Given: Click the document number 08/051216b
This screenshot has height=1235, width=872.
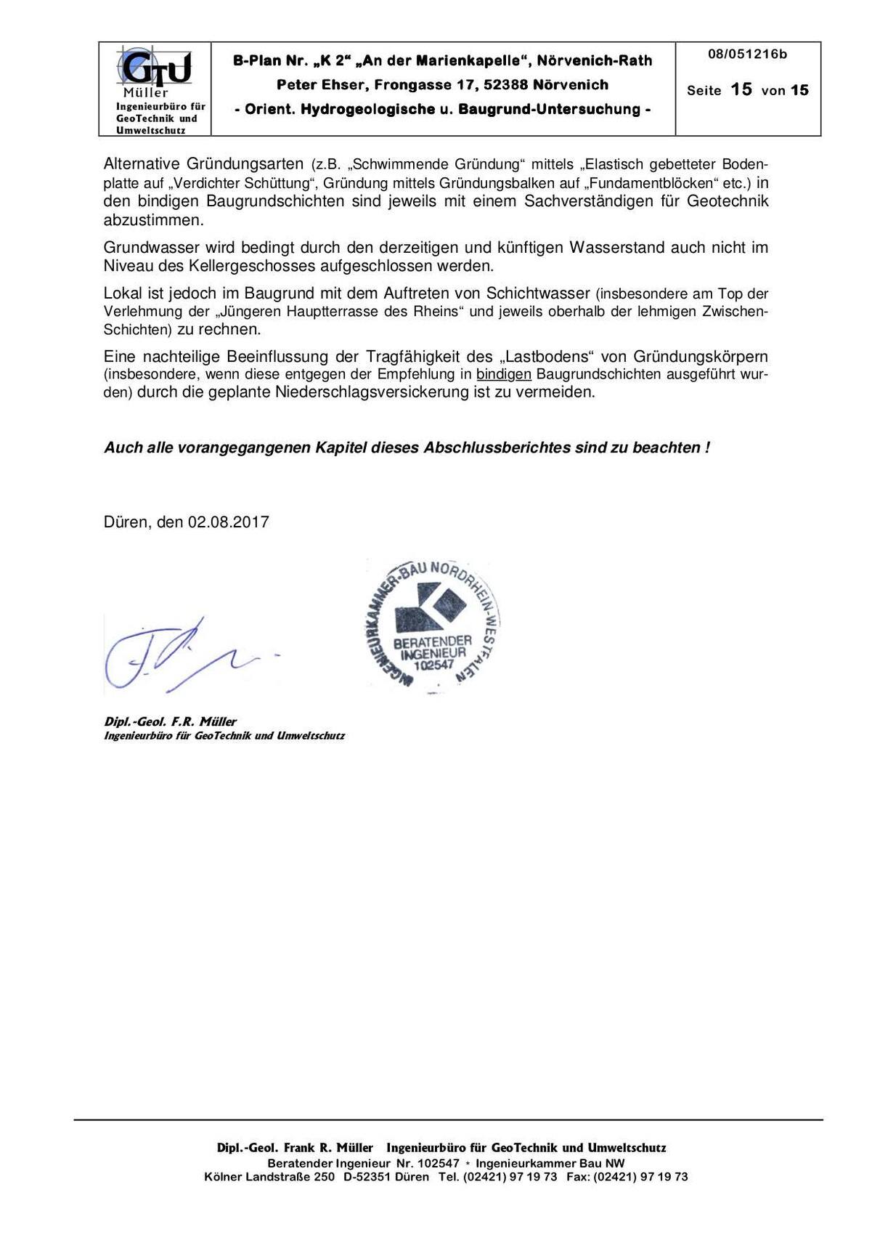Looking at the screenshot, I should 747,54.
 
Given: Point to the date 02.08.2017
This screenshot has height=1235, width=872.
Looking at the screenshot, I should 229,522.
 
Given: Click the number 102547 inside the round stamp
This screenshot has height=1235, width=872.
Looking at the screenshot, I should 433,664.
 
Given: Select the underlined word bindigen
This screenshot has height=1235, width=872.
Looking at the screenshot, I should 504,375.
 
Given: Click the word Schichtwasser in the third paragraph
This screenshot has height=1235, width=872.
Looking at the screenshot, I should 538,293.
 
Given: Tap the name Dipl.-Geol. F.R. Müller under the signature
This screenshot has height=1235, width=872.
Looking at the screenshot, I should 171,722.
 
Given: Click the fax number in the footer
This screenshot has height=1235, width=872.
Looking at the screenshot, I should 640,1177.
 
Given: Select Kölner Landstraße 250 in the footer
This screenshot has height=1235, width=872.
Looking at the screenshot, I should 269,1177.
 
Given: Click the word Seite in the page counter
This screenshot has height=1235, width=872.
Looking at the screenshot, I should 704,91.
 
